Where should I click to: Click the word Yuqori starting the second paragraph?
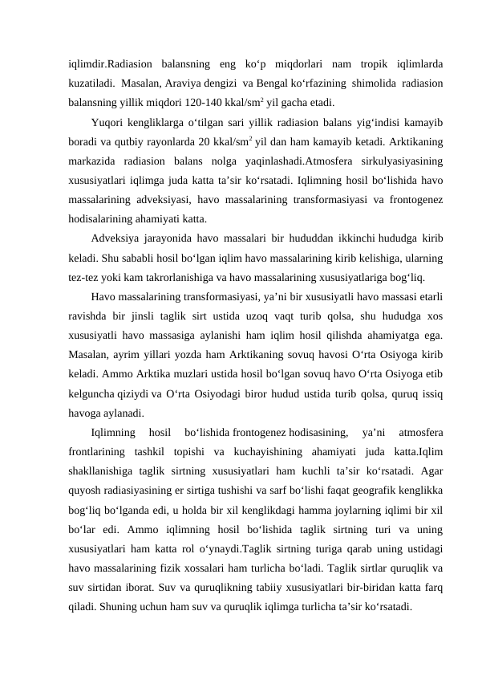[108, 123]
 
